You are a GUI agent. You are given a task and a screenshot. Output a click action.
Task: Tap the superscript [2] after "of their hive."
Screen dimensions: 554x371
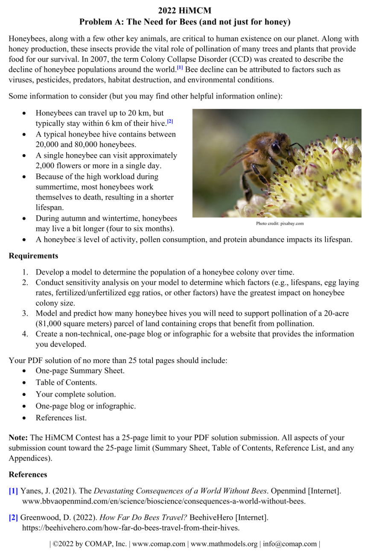point(170,122)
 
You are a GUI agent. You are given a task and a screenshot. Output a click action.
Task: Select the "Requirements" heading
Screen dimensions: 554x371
point(33,256)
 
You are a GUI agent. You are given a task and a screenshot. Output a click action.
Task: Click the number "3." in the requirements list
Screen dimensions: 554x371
point(26,314)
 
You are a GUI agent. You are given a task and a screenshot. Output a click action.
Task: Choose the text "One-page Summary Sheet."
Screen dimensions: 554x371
point(80,370)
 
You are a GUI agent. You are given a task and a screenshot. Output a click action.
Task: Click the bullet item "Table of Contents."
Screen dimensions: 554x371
point(66,382)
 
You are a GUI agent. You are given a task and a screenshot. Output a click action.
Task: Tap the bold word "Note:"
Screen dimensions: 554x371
point(18,437)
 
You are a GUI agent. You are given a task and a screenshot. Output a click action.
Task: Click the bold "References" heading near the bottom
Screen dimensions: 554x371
point(28,475)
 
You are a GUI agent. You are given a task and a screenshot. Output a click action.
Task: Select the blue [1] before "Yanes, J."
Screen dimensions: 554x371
point(13,491)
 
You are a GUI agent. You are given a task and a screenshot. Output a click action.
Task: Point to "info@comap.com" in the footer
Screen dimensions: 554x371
point(290,544)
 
